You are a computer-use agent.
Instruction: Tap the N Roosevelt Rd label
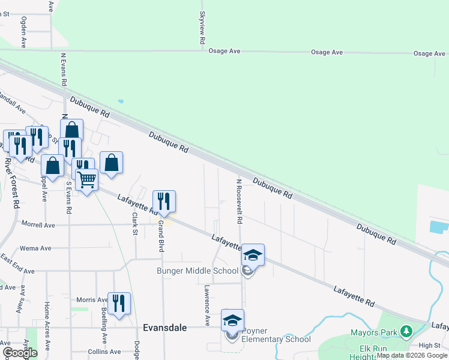(239, 202)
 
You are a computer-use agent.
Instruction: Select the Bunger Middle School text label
(197, 271)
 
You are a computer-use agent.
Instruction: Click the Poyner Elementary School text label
(276, 335)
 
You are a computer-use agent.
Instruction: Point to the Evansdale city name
(165, 328)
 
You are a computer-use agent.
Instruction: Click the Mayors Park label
(376, 332)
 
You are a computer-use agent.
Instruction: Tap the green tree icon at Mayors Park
(406, 331)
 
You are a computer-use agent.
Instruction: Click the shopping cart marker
(87, 179)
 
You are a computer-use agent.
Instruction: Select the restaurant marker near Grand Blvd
(164, 201)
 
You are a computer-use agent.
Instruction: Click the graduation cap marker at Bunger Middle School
(253, 254)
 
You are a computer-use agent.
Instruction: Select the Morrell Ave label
(38, 225)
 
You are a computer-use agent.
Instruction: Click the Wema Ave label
(35, 248)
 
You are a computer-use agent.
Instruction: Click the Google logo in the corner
(19, 353)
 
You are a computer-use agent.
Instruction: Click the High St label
(430, 345)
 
